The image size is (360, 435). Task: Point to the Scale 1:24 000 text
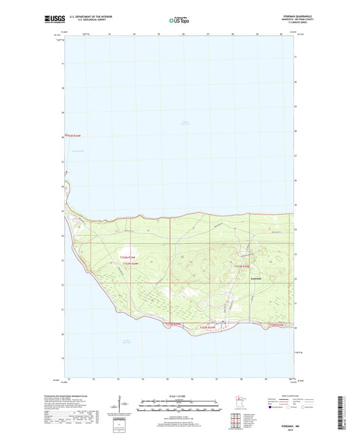180,396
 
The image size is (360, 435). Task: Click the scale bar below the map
180,408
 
